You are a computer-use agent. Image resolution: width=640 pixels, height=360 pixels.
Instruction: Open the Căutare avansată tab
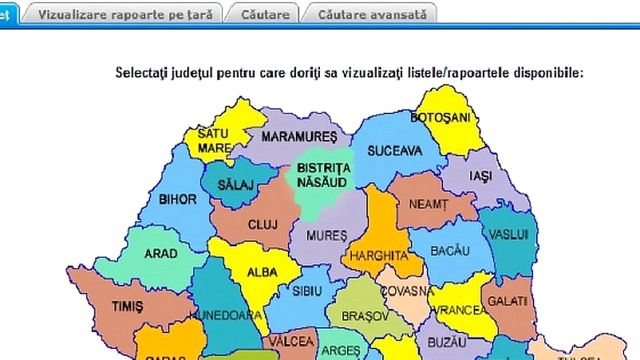372,14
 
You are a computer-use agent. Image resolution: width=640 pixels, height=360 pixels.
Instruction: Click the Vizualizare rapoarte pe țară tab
125,14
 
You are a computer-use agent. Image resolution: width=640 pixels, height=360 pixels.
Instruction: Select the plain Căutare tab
265,14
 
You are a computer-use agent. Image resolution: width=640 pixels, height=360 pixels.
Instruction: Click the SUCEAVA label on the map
394,150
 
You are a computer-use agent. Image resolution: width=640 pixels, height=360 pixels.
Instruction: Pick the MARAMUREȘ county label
299,136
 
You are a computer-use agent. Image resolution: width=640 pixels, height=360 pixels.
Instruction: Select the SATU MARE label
213,141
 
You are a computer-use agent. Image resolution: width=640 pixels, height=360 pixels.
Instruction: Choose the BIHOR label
177,199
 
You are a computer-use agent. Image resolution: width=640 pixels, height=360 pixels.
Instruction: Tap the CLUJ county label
262,224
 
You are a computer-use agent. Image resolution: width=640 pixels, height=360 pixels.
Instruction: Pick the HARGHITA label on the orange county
379,256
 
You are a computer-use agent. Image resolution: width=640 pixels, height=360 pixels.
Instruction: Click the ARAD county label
161,253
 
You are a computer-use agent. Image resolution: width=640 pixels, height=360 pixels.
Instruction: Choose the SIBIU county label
307,291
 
